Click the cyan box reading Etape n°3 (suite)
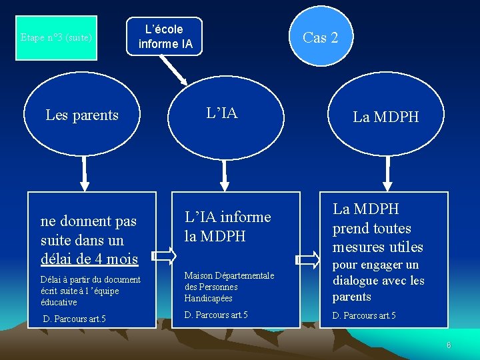[x=56, y=38]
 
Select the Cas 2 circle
[x=321, y=37]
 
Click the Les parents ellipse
[x=82, y=115]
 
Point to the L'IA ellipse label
[x=222, y=113]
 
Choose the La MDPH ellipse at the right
[x=385, y=117]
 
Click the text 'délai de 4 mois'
[x=89, y=259]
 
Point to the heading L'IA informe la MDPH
[x=227, y=226]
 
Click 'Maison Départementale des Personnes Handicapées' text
[x=229, y=287]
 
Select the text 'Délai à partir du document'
[x=90, y=279]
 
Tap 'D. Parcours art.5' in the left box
[x=74, y=319]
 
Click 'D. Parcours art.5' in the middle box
[x=216, y=315]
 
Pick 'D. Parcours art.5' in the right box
[x=364, y=315]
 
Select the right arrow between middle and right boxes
[x=307, y=258]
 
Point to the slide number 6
[x=449, y=345]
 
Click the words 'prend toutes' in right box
[x=372, y=229]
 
